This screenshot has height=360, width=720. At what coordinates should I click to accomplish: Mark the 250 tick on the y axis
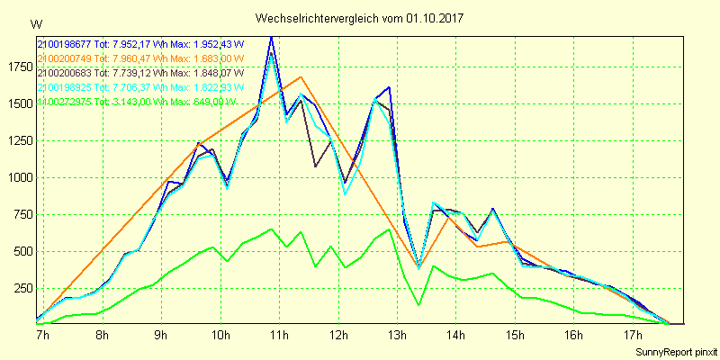(x=20, y=287)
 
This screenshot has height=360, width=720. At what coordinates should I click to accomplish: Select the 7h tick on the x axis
(x=42, y=335)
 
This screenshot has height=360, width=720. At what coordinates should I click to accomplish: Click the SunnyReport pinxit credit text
(x=673, y=350)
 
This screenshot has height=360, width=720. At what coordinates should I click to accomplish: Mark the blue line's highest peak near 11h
(x=271, y=37)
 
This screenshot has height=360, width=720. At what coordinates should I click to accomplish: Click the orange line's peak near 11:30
(x=301, y=77)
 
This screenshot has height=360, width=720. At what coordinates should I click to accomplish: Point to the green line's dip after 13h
(x=419, y=305)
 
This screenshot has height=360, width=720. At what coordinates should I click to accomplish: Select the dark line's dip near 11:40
(x=315, y=166)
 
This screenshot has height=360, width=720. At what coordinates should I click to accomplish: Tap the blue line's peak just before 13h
(x=389, y=87)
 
